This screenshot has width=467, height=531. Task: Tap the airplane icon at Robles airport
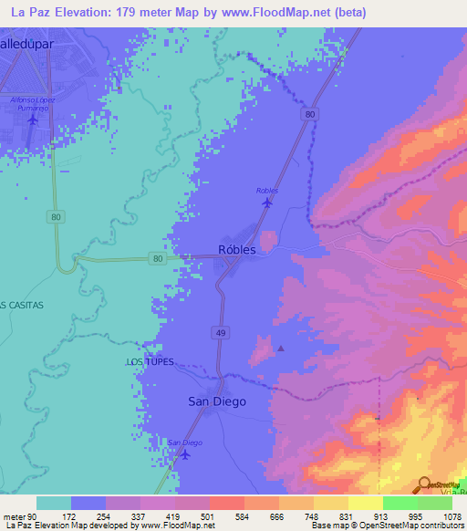(266, 203)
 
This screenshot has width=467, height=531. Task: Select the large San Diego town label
(216, 401)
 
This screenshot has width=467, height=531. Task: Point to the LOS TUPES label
(149, 362)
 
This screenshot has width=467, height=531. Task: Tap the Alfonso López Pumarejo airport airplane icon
(34, 120)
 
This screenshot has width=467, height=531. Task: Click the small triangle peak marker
(281, 348)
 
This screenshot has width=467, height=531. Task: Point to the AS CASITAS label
(21, 304)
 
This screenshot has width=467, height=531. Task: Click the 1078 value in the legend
(452, 516)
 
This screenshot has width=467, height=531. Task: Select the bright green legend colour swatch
(400, 503)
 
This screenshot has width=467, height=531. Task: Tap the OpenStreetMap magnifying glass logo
(423, 485)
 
